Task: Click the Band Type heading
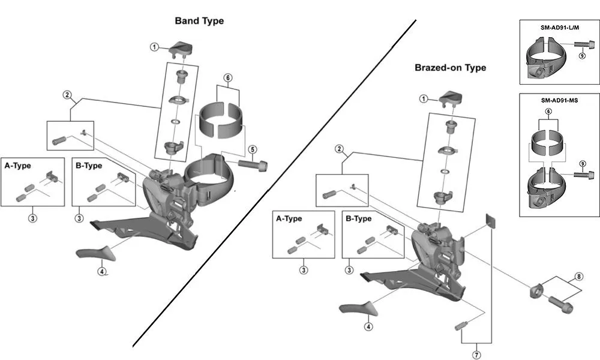point(199,21)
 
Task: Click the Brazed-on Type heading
point(450,68)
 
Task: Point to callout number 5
point(253,149)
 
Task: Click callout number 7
point(476,355)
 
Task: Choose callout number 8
point(578,277)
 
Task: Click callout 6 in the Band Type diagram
point(227,77)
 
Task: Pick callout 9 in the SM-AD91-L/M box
point(581,56)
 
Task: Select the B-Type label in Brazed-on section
point(359,218)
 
